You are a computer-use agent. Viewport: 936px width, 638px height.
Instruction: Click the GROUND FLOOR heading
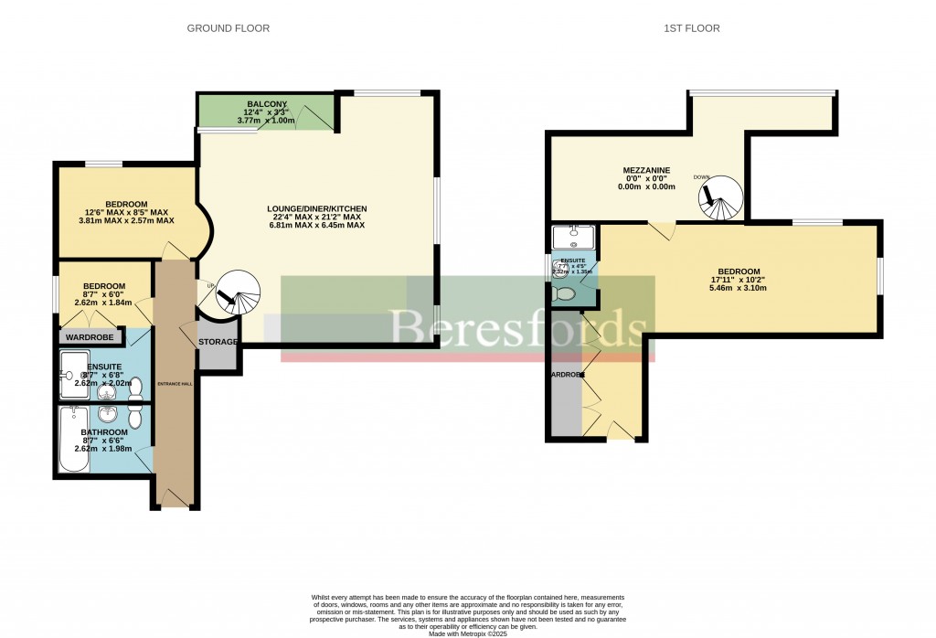point(228,28)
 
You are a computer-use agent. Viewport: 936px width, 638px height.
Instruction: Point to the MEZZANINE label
point(646,170)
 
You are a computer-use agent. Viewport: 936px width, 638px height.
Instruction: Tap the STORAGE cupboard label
point(219,342)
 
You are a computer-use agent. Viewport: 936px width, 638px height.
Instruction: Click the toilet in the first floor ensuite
point(565,294)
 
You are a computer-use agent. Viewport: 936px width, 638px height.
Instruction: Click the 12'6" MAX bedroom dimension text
point(126,212)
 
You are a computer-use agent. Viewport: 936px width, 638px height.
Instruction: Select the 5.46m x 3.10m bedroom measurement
point(738,288)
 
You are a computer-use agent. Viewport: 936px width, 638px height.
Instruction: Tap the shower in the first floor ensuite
point(575,237)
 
